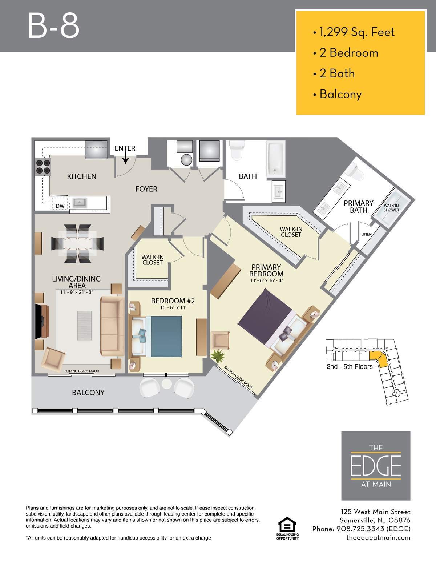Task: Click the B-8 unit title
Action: point(53,26)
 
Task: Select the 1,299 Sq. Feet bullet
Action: point(354,32)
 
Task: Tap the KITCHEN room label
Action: point(81,176)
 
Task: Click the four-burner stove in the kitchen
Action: point(43,167)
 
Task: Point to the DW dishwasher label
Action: point(60,206)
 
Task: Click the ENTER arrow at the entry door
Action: point(125,158)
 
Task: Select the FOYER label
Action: point(146,189)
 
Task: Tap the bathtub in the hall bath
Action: point(275,159)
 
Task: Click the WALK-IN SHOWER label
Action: point(391,208)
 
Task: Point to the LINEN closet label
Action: point(366,234)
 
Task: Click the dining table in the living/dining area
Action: point(77,244)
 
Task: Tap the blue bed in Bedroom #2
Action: point(157,337)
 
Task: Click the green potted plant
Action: point(218,356)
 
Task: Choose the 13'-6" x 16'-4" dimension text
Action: point(266,280)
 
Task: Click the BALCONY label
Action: point(88,392)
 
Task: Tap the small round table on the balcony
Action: point(167,384)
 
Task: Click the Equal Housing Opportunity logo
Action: point(287,528)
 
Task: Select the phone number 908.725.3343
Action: point(360,529)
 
